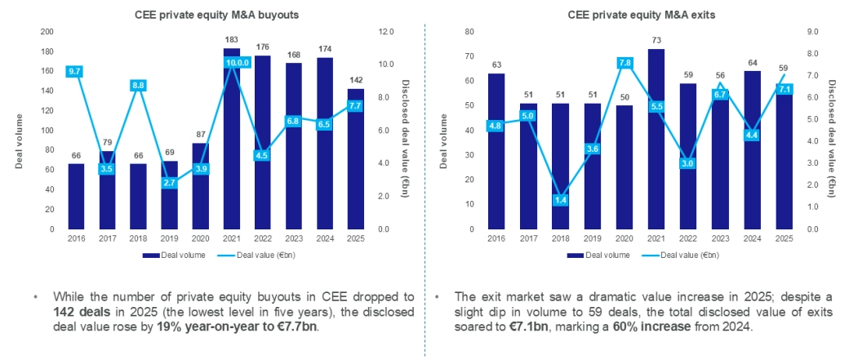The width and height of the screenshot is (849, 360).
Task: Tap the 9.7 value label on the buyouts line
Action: click(76, 71)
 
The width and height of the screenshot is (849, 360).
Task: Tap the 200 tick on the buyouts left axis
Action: click(47, 31)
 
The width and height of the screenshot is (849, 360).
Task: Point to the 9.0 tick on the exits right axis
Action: click(806, 31)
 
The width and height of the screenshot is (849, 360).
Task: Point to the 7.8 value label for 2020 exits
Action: click(625, 62)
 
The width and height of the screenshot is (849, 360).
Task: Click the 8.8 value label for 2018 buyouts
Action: click(139, 85)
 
